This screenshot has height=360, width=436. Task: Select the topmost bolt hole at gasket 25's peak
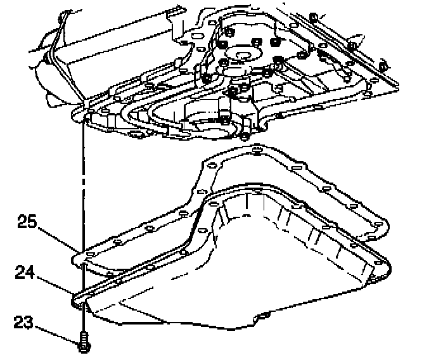point(254,150)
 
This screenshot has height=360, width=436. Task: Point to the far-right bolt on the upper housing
point(383,66)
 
